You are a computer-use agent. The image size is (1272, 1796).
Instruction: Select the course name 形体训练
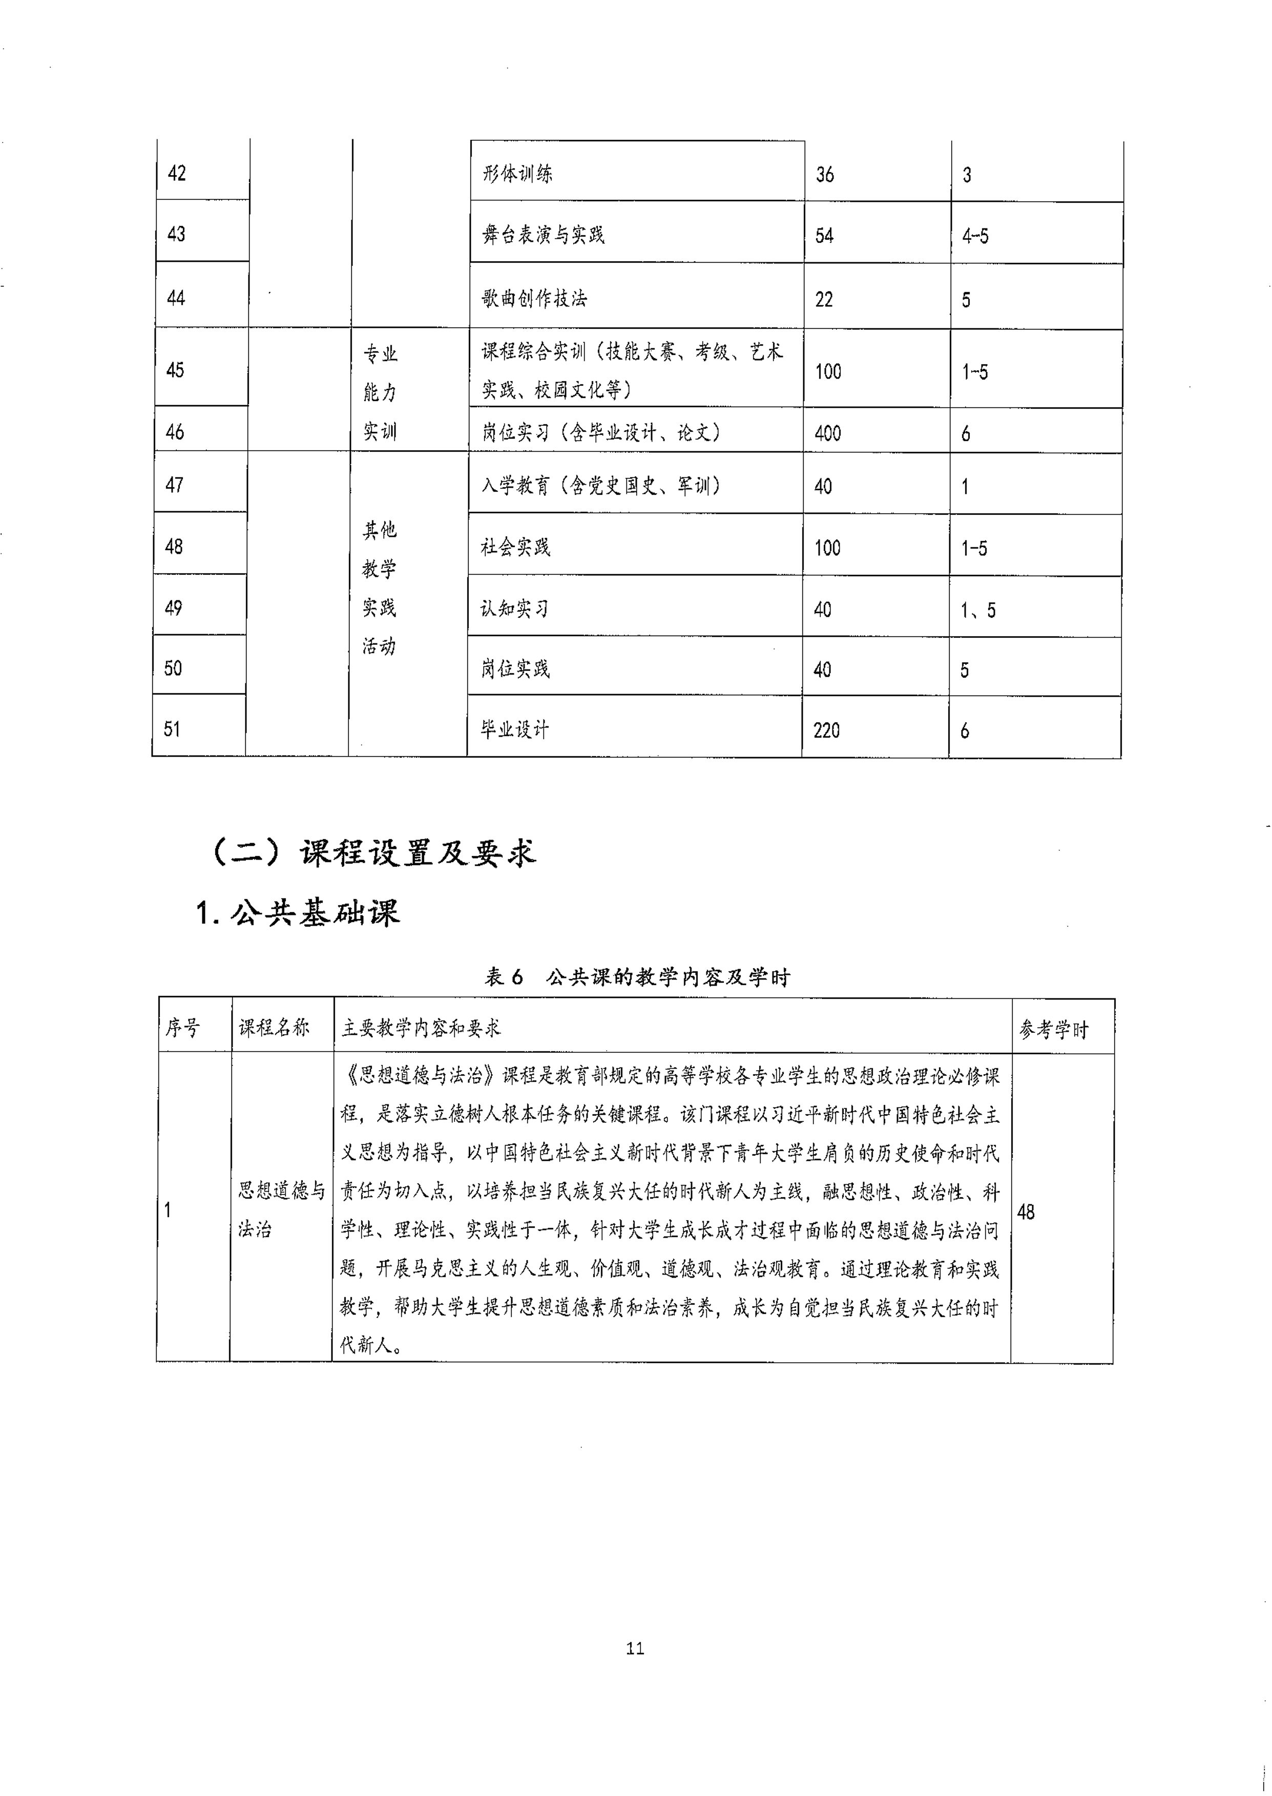click(x=517, y=173)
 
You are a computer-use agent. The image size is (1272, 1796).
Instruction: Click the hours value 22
click(x=824, y=299)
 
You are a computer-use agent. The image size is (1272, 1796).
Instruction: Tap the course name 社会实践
click(x=515, y=547)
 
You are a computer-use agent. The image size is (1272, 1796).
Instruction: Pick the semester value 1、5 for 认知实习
click(x=977, y=610)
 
